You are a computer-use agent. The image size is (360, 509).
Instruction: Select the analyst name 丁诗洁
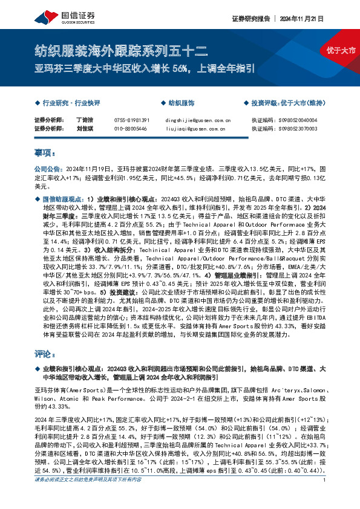click(x=84, y=120)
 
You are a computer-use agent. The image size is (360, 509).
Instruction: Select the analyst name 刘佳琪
click(x=84, y=129)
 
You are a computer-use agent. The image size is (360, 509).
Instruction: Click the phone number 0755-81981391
click(x=131, y=120)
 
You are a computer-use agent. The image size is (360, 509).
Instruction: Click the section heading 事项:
click(x=45, y=154)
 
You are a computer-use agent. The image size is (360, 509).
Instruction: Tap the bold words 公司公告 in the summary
click(x=47, y=170)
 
